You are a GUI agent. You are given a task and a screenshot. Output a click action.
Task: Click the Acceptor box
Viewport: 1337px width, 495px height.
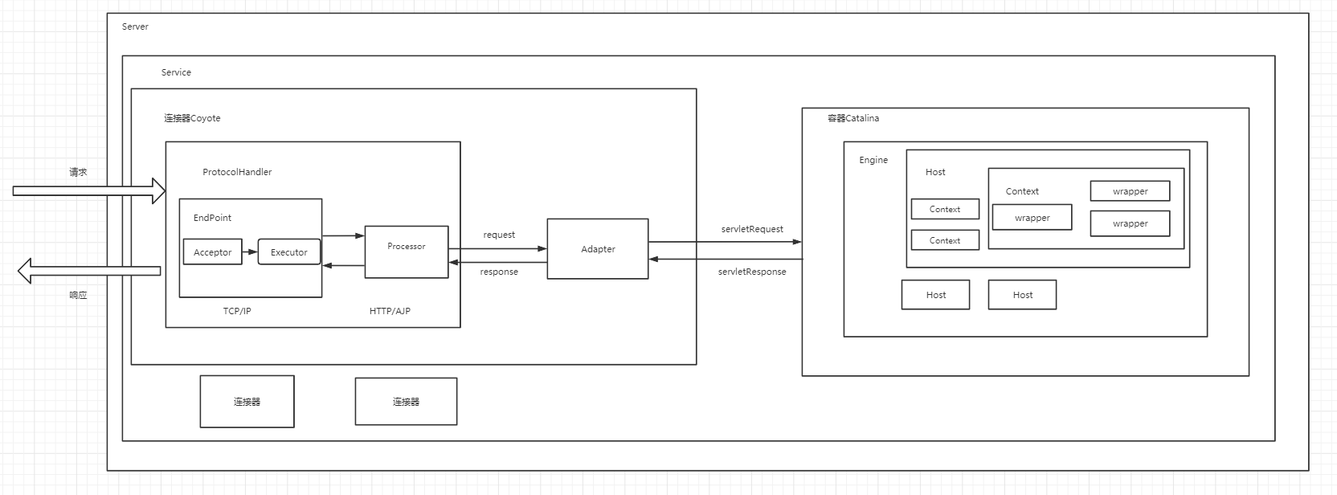pyautogui.click(x=212, y=252)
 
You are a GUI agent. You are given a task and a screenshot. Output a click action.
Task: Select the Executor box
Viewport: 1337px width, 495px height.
pyautogui.click(x=288, y=252)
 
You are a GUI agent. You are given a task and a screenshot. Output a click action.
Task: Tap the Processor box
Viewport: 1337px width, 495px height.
pyautogui.click(x=406, y=252)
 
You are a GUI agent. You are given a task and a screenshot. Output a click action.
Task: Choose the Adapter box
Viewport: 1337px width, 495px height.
pyautogui.click(x=598, y=249)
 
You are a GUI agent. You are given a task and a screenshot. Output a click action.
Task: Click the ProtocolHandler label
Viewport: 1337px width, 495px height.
pyautogui.click(x=237, y=172)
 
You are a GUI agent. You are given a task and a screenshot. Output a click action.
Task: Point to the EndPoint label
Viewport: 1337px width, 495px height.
pyautogui.click(x=212, y=218)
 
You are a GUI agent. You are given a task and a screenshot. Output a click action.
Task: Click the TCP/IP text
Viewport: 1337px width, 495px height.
pyautogui.click(x=237, y=311)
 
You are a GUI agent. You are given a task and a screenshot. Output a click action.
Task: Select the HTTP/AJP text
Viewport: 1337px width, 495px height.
pyautogui.click(x=390, y=311)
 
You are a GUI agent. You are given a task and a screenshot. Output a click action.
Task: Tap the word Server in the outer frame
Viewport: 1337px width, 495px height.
pyautogui.click(x=135, y=27)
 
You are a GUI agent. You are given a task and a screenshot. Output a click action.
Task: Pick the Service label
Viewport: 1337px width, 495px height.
pyautogui.click(x=176, y=72)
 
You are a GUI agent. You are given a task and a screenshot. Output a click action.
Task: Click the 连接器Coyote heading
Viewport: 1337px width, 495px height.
pyautogui.click(x=192, y=118)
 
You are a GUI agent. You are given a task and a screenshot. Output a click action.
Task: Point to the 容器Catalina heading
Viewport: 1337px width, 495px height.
pyautogui.click(x=853, y=118)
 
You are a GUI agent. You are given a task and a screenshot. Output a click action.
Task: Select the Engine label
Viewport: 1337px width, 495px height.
pyautogui.click(x=873, y=160)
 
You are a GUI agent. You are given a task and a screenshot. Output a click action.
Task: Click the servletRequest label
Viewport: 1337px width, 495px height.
pyautogui.click(x=752, y=229)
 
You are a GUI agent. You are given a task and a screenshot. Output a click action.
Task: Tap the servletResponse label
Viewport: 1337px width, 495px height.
pyautogui.click(x=752, y=272)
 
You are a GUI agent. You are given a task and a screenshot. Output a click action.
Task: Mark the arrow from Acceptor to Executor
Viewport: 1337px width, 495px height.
pyautogui.click(x=250, y=252)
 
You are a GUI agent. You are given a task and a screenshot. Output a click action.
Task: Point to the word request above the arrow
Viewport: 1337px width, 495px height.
pyautogui.click(x=499, y=235)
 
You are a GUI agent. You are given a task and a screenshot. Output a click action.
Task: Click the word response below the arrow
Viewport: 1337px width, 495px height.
pyautogui.click(x=499, y=272)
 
